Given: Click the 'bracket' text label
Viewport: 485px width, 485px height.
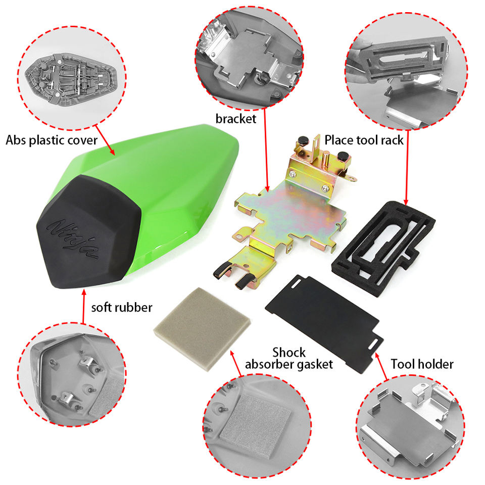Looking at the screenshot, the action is [x=236, y=119].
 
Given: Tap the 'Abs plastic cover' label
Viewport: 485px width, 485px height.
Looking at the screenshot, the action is [x=52, y=140].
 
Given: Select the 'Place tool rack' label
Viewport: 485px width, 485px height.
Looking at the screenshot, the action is [x=364, y=140].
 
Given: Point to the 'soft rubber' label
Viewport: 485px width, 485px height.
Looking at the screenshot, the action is [x=122, y=308].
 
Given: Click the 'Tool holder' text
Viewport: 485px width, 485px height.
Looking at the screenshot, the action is [x=422, y=364].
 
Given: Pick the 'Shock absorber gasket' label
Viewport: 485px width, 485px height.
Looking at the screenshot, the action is [x=289, y=358].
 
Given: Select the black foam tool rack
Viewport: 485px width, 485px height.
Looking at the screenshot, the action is [x=383, y=249].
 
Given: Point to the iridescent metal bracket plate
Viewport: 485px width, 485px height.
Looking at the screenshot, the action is [x=291, y=213].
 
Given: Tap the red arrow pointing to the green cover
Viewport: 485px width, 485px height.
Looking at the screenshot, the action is [x=105, y=140].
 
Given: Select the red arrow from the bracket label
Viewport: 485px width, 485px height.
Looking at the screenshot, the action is [x=266, y=150].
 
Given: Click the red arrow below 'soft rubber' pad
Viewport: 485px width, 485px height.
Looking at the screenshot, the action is [x=83, y=306].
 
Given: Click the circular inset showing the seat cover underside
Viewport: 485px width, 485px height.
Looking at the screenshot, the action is [x=72, y=78].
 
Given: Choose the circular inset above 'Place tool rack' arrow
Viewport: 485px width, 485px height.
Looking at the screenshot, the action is [x=406, y=71].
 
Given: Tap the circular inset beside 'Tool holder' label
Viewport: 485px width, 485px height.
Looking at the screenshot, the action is [x=410, y=427].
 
